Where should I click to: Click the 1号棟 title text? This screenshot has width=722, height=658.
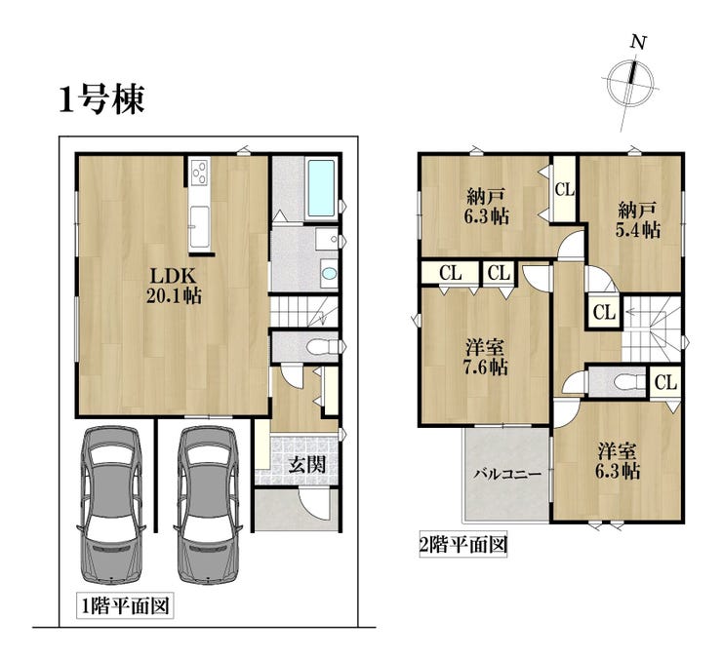(x=102, y=98)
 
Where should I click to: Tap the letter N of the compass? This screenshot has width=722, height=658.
(x=638, y=43)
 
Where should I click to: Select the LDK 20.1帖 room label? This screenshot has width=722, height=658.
(x=174, y=286)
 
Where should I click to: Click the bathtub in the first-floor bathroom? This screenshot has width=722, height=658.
(x=321, y=188)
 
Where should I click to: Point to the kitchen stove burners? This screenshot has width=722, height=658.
(x=200, y=172)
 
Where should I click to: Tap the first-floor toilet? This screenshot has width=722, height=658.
(x=323, y=346)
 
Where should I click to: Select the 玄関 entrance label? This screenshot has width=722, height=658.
(x=306, y=465)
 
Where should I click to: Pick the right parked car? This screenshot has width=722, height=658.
(x=207, y=504)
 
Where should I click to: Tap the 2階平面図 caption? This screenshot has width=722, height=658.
(x=463, y=545)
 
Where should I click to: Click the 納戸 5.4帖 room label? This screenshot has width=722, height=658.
(x=638, y=219)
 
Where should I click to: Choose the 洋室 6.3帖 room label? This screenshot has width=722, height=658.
(x=619, y=461)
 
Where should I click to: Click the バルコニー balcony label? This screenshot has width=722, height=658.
(x=508, y=473)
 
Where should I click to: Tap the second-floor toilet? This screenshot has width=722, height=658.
(x=629, y=382)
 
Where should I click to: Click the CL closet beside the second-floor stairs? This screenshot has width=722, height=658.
(x=604, y=313)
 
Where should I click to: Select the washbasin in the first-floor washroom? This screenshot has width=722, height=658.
(x=329, y=274)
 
